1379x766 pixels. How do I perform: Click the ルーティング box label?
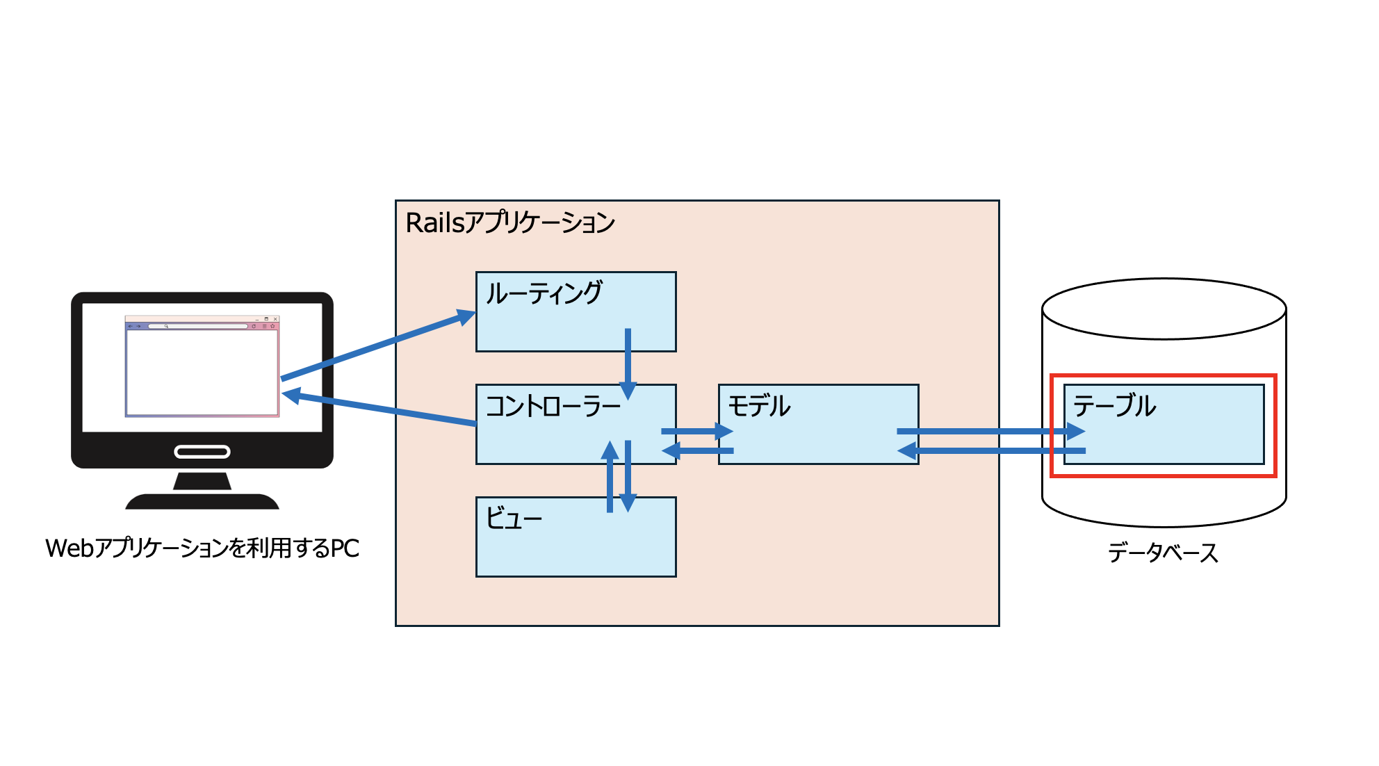pos(544,293)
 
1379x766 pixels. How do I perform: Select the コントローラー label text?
pos(553,407)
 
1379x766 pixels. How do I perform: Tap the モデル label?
pos(759,406)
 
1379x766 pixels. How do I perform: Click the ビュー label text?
pos(514,519)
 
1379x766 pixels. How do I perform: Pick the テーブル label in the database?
pos(1114,406)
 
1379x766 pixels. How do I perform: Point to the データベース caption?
pos(1163,553)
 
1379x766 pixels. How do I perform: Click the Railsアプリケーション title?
pos(510,223)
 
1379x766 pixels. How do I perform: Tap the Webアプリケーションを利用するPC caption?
pos(202,548)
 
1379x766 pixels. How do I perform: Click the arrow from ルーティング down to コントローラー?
pos(628,361)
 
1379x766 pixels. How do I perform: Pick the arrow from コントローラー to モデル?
pos(695,432)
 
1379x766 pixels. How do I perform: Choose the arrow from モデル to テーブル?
pos(987,432)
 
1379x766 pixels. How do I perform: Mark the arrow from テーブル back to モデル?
pos(994,451)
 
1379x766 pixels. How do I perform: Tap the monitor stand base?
pos(202,501)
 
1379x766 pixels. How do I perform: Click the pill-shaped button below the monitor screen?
pos(202,453)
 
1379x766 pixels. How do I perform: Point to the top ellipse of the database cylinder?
pos(1164,309)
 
